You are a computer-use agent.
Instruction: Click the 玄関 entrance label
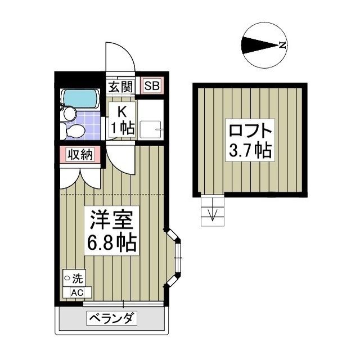point(120,87)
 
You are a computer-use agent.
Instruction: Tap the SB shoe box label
point(152,87)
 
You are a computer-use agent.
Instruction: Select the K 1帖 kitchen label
point(121,119)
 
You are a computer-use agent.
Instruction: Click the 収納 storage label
point(81,155)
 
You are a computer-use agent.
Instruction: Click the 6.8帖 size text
point(111,243)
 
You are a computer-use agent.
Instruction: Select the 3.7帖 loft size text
point(250,151)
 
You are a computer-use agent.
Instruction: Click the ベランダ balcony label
point(111,319)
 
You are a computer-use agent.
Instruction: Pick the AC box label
point(76,292)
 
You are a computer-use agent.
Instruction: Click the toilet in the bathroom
point(75,132)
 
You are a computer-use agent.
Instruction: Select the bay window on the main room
point(176,258)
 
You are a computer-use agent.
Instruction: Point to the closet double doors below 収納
point(80,177)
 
